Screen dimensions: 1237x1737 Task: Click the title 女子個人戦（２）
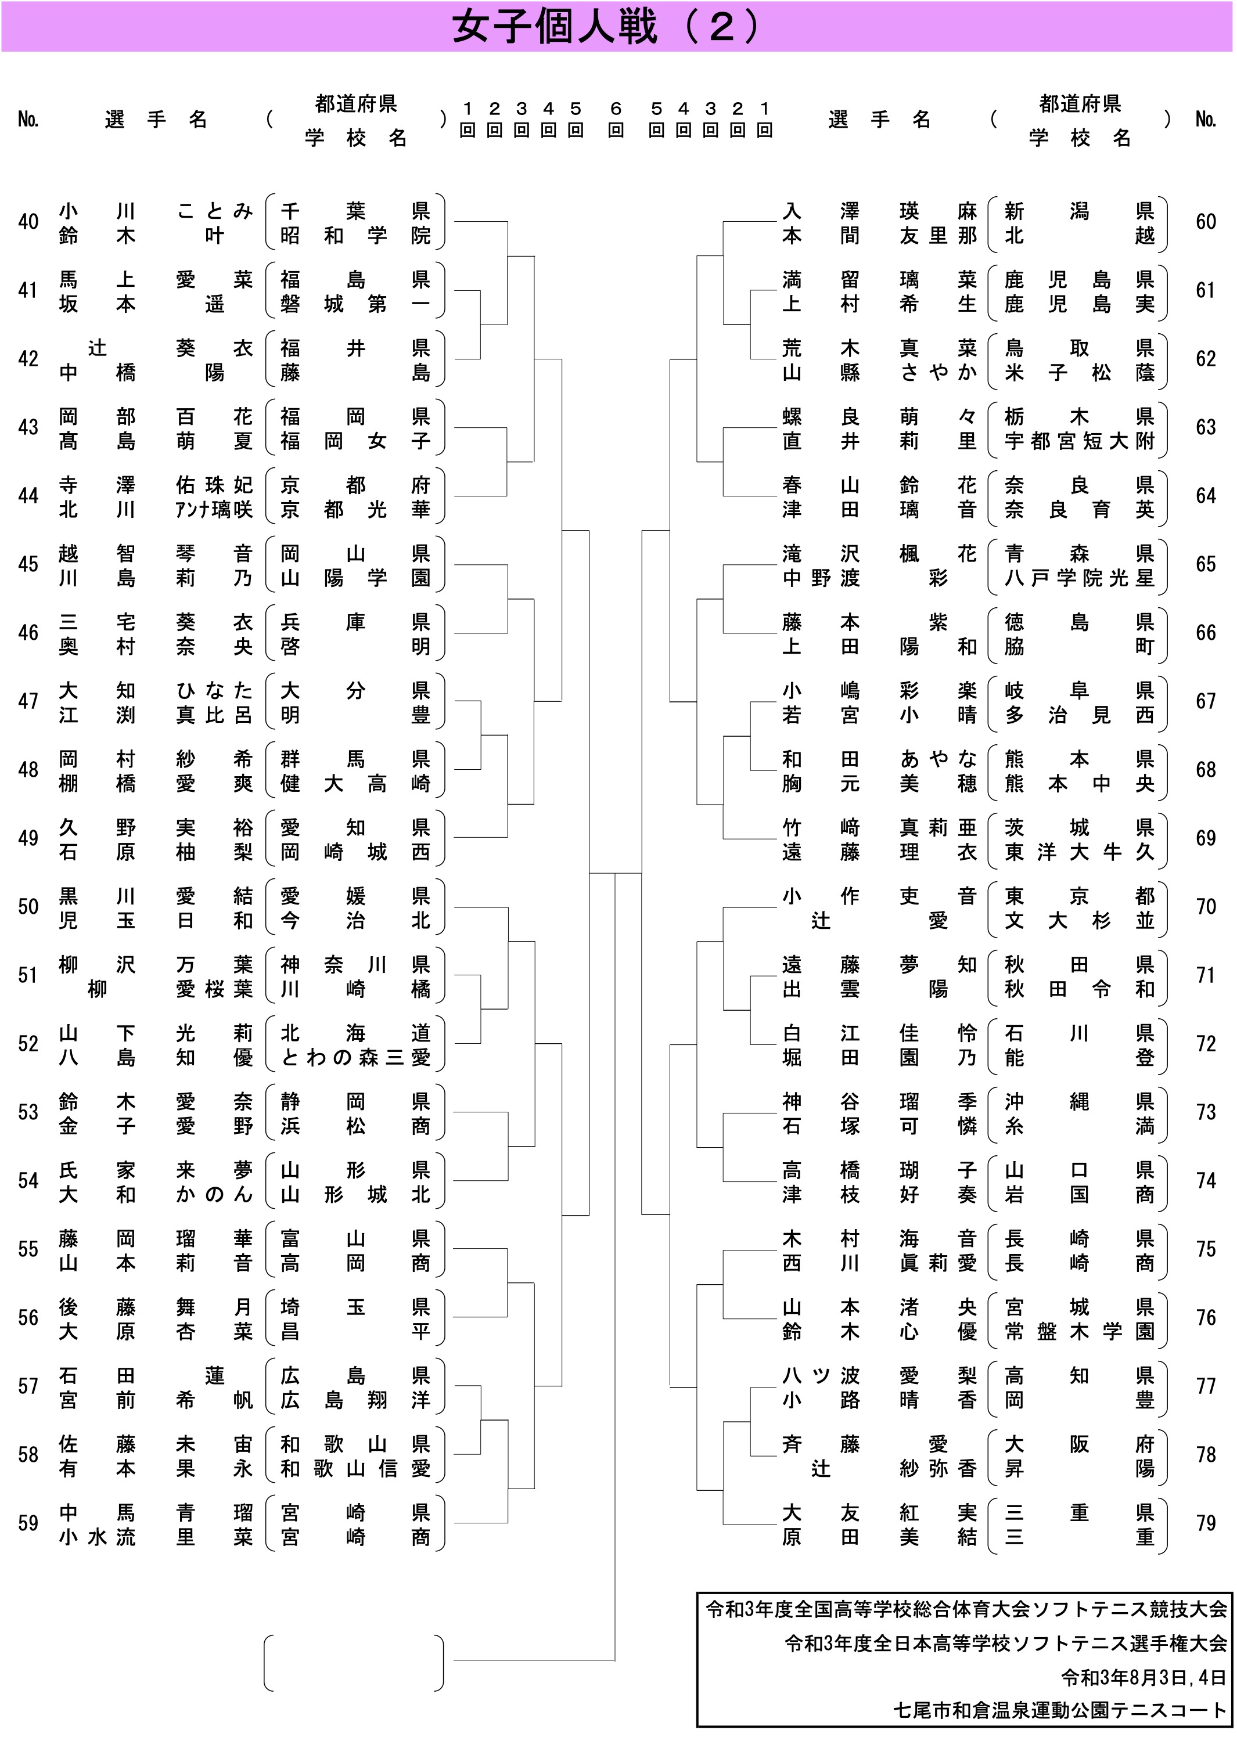pos(606,27)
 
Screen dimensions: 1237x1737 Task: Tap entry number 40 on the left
pos(28,222)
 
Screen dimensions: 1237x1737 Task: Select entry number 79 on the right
pos(1206,1523)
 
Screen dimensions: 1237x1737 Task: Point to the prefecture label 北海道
pos(356,1033)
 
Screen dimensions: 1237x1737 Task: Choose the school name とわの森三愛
pos(356,1058)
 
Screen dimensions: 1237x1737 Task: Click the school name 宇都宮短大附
pos(1080,441)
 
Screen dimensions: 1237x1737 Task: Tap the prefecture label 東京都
pos(1080,896)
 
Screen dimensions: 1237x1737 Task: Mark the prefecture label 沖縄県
pos(1080,1102)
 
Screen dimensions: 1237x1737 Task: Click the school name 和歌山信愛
pos(356,1468)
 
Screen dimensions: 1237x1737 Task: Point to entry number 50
pos(28,906)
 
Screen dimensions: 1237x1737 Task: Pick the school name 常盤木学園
pos(1080,1332)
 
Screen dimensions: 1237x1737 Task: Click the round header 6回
pos(616,120)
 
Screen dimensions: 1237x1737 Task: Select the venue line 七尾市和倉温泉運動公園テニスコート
pos(1059,1710)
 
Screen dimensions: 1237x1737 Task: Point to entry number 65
pos(1206,564)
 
